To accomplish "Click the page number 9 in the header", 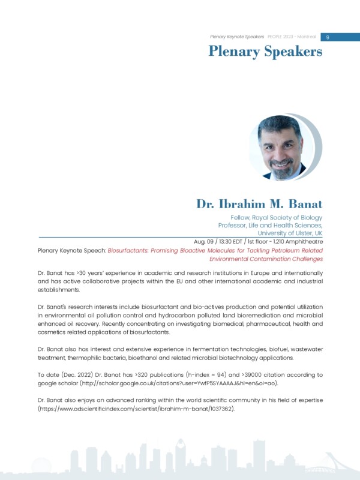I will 328,37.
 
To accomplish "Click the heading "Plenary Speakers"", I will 265,52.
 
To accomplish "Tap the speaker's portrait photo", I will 283,148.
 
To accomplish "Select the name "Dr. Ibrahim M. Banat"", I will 259,203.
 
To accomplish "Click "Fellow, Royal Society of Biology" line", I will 277,217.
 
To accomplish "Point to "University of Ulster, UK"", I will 290,233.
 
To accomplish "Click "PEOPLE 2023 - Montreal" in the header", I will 293,37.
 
